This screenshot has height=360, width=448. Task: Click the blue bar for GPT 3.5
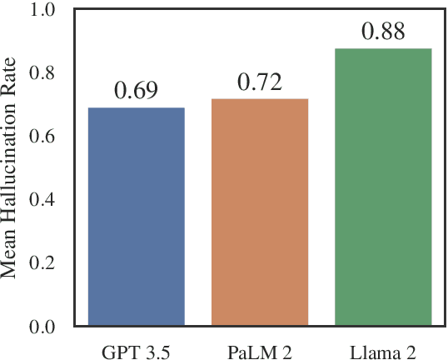click(136, 217)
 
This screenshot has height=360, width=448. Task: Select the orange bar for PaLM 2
click(259, 212)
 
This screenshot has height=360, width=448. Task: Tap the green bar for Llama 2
click(383, 187)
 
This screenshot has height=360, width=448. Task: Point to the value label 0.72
click(259, 82)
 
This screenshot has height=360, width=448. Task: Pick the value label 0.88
click(383, 32)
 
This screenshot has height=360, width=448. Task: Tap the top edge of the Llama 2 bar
click(383, 49)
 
